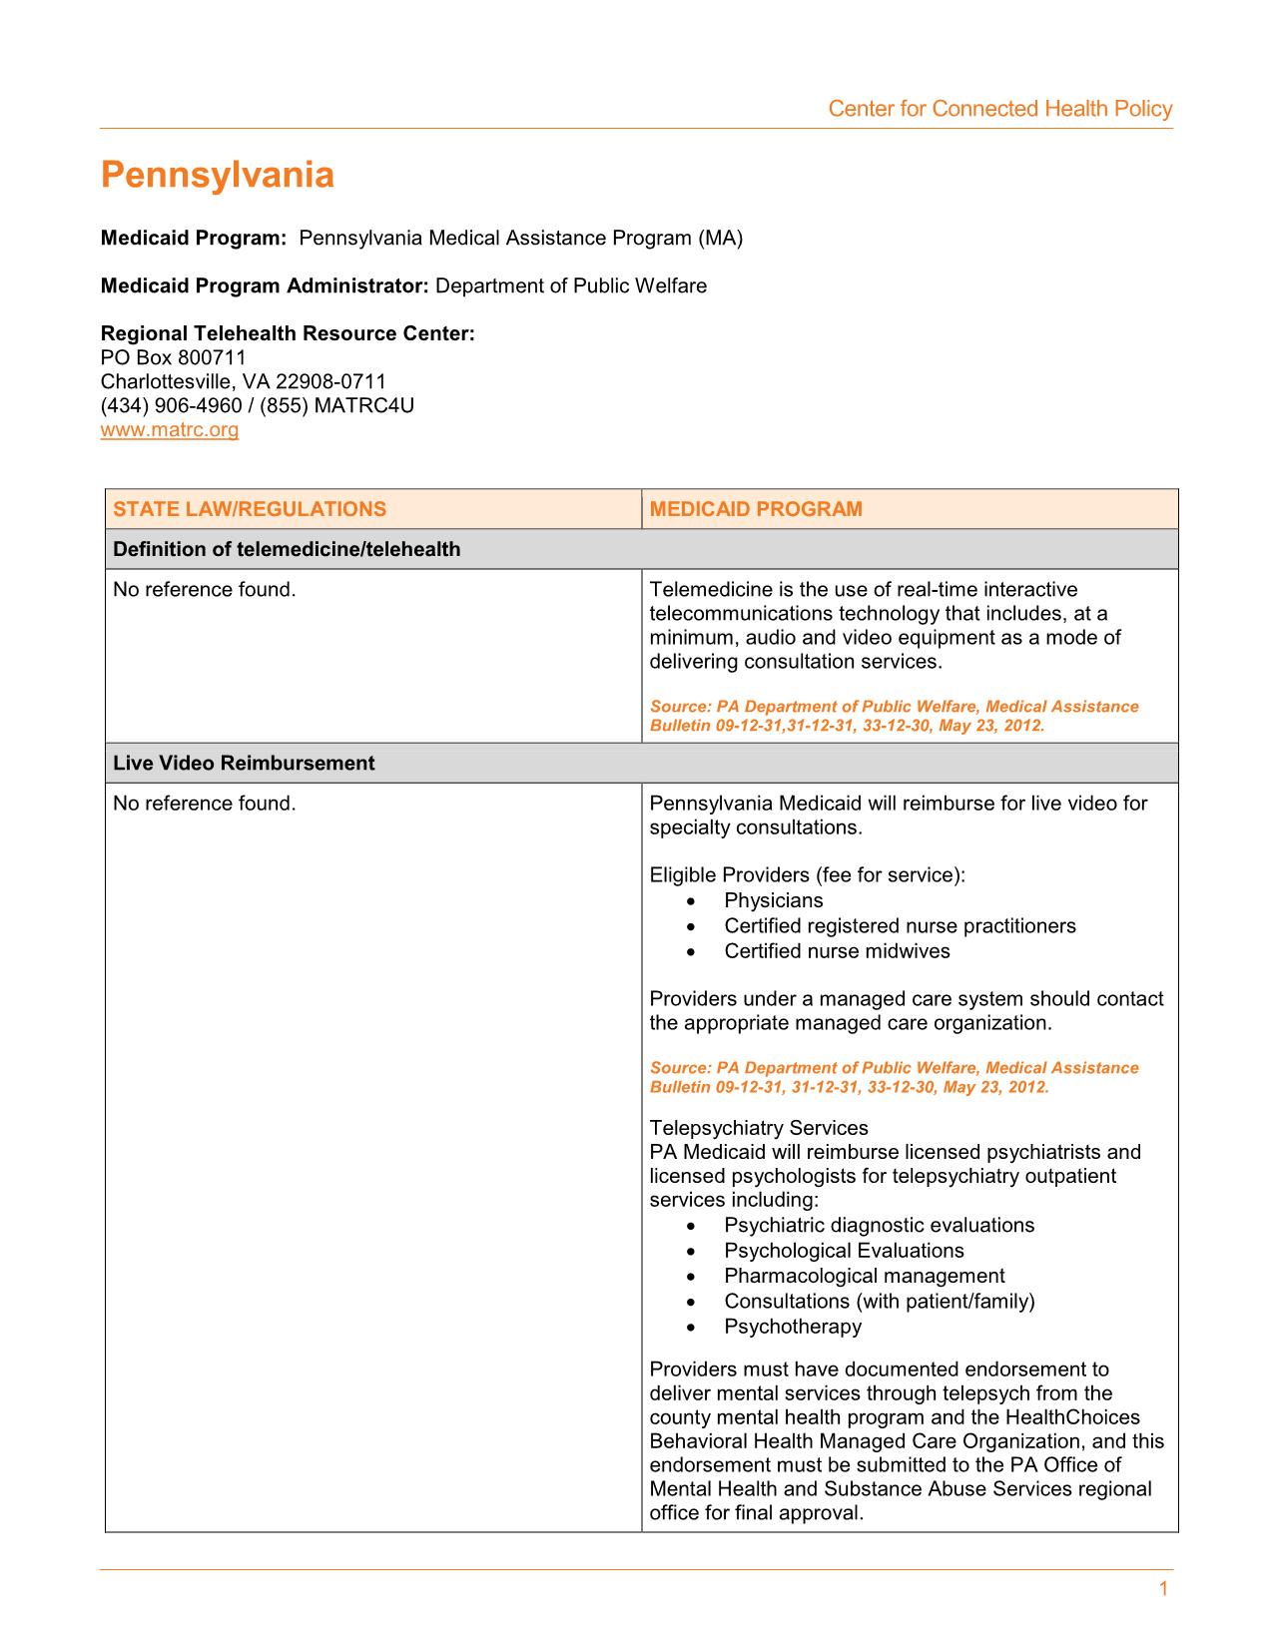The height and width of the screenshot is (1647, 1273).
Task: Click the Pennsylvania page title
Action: tap(218, 176)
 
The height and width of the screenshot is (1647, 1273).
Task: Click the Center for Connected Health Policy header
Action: tap(999, 109)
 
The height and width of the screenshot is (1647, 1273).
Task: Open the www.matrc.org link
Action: tap(170, 430)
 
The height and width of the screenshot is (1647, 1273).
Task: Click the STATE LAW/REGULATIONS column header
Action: tap(250, 509)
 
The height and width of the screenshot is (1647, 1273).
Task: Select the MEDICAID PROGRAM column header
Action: tap(756, 509)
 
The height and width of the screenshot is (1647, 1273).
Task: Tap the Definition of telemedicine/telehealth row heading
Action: tap(287, 549)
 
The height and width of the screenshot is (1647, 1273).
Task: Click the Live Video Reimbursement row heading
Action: tap(244, 764)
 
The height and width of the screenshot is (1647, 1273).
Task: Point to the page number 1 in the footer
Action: tap(1163, 1590)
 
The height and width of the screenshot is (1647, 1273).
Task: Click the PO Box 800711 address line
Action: tap(174, 357)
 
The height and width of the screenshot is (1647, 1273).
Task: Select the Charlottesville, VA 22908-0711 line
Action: tap(244, 381)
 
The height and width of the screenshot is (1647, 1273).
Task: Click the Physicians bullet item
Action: tap(774, 900)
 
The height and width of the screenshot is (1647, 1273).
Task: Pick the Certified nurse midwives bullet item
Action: tap(837, 951)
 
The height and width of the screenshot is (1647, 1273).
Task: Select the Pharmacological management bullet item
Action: tap(865, 1276)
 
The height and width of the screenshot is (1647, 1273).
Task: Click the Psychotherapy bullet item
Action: tap(793, 1327)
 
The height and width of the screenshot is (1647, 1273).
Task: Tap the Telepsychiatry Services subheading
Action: tap(759, 1128)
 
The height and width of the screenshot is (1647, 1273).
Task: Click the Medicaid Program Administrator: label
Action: tap(265, 286)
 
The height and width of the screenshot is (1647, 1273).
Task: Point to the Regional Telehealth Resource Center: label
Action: tap(288, 333)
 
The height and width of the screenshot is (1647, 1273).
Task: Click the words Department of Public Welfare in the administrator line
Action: tap(571, 286)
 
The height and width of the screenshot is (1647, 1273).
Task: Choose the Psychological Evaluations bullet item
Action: tap(844, 1251)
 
